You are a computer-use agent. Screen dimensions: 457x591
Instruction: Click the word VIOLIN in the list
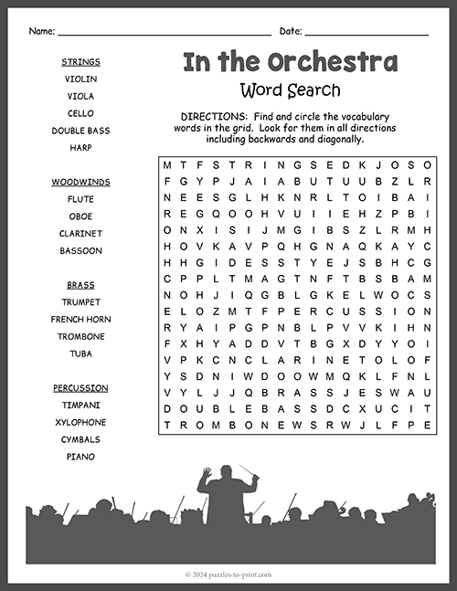80,79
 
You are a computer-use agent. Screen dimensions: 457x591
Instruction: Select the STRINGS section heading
80,62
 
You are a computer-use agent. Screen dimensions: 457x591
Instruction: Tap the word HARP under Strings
80,148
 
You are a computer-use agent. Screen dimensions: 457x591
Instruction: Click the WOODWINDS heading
80,182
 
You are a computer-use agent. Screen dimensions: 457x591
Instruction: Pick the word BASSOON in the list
80,250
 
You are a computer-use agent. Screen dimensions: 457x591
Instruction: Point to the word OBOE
80,216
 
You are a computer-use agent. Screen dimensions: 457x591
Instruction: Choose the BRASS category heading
80,285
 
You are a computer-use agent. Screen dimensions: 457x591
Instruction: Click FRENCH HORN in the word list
80,320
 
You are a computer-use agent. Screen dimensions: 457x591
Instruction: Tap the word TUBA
80,354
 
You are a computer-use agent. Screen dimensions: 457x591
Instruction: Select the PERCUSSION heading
80,388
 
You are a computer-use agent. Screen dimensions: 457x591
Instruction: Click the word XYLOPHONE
80,422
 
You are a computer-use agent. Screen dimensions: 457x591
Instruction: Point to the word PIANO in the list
80,457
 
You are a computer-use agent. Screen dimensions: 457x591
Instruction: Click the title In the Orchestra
290,62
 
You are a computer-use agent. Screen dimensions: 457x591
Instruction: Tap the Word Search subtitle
290,90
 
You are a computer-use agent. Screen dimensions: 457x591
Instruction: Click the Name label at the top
41,31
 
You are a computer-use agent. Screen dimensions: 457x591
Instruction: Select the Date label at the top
290,31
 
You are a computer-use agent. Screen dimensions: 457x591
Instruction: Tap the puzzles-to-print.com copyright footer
228,575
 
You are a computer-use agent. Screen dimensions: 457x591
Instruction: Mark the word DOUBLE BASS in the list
80,131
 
